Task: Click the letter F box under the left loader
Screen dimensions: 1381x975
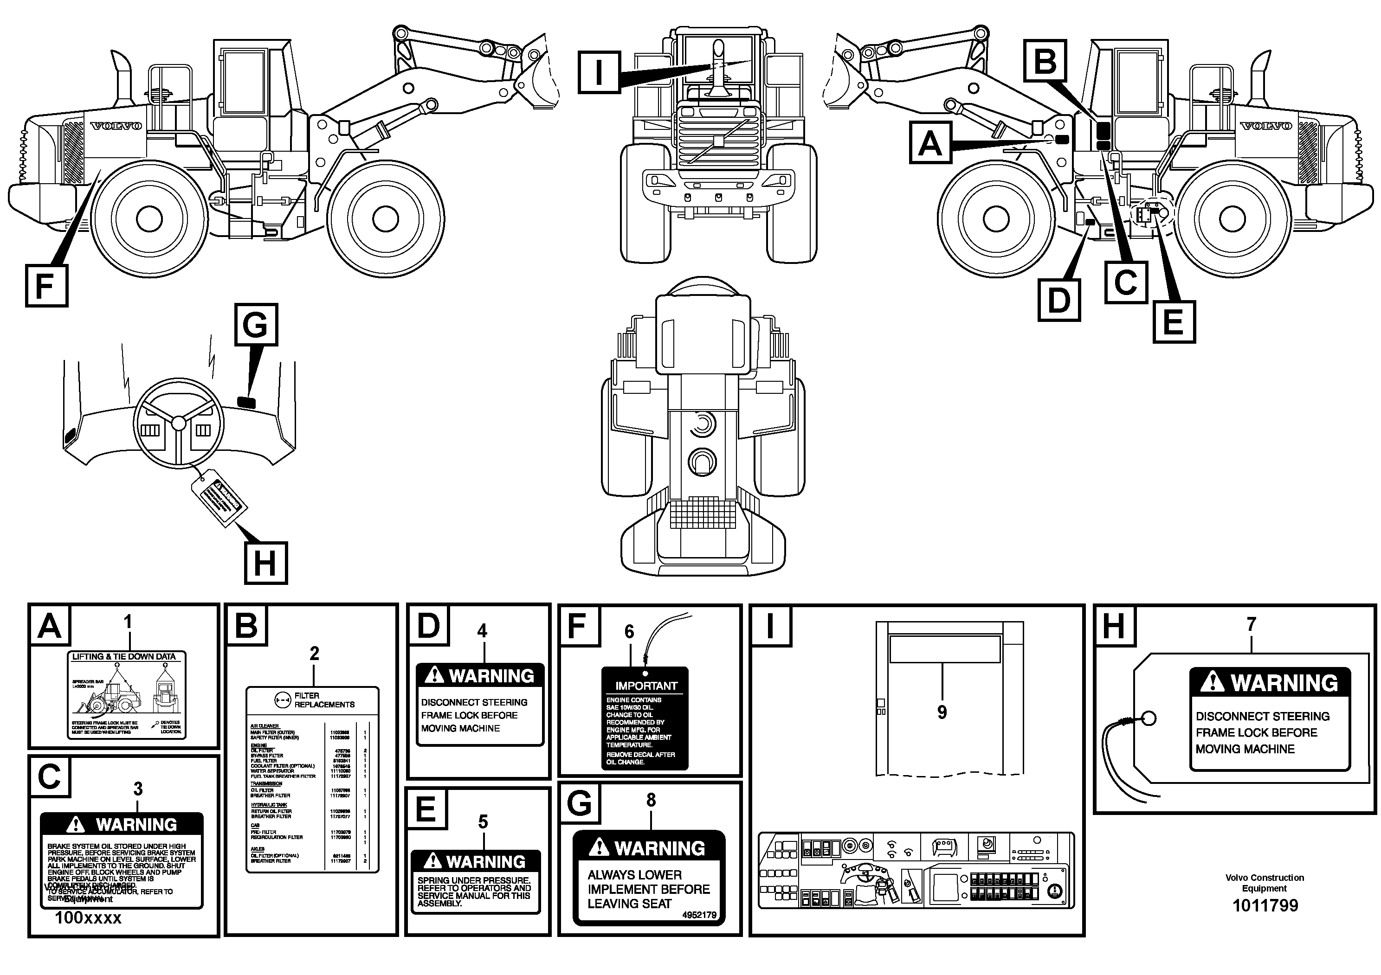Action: point(46,286)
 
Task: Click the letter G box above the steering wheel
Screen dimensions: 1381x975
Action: point(256,325)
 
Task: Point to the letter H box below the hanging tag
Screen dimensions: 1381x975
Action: point(265,563)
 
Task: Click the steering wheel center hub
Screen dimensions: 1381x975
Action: point(179,423)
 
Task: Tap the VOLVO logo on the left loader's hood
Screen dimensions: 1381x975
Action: point(116,126)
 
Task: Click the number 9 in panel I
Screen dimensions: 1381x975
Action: point(942,712)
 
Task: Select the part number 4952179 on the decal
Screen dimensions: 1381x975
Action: point(699,915)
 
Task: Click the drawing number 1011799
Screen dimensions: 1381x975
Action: point(1265,906)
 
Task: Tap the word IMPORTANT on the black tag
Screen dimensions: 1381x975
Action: point(646,686)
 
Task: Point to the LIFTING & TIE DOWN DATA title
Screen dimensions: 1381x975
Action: point(124,656)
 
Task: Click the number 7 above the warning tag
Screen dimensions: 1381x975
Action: point(1251,624)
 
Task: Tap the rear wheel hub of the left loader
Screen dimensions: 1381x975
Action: point(149,219)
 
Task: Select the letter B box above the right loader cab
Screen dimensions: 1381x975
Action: point(1046,60)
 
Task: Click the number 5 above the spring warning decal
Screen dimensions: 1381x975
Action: point(483,822)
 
